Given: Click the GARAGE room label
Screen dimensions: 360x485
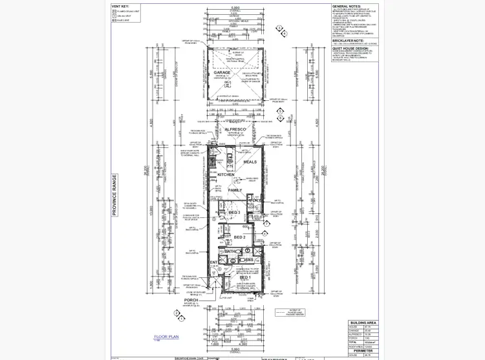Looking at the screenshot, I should point(222,72).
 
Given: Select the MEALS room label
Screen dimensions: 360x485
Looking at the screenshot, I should point(250,162).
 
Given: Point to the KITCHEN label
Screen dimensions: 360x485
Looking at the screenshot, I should point(226,175).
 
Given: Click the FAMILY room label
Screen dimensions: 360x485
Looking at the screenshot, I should point(235,190).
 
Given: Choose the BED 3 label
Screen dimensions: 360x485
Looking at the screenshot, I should point(234,212).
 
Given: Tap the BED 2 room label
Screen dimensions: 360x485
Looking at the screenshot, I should point(240,237).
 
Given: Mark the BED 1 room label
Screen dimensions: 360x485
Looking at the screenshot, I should point(255,277).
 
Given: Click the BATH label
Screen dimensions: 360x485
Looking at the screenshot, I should point(232,251).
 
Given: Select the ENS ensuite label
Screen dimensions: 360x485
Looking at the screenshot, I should point(249,260).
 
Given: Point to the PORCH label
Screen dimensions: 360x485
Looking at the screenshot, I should point(191,301).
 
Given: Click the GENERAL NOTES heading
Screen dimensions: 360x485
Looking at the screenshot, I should point(347,5).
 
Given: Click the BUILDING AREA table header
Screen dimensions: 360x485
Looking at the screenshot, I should point(361,322).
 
